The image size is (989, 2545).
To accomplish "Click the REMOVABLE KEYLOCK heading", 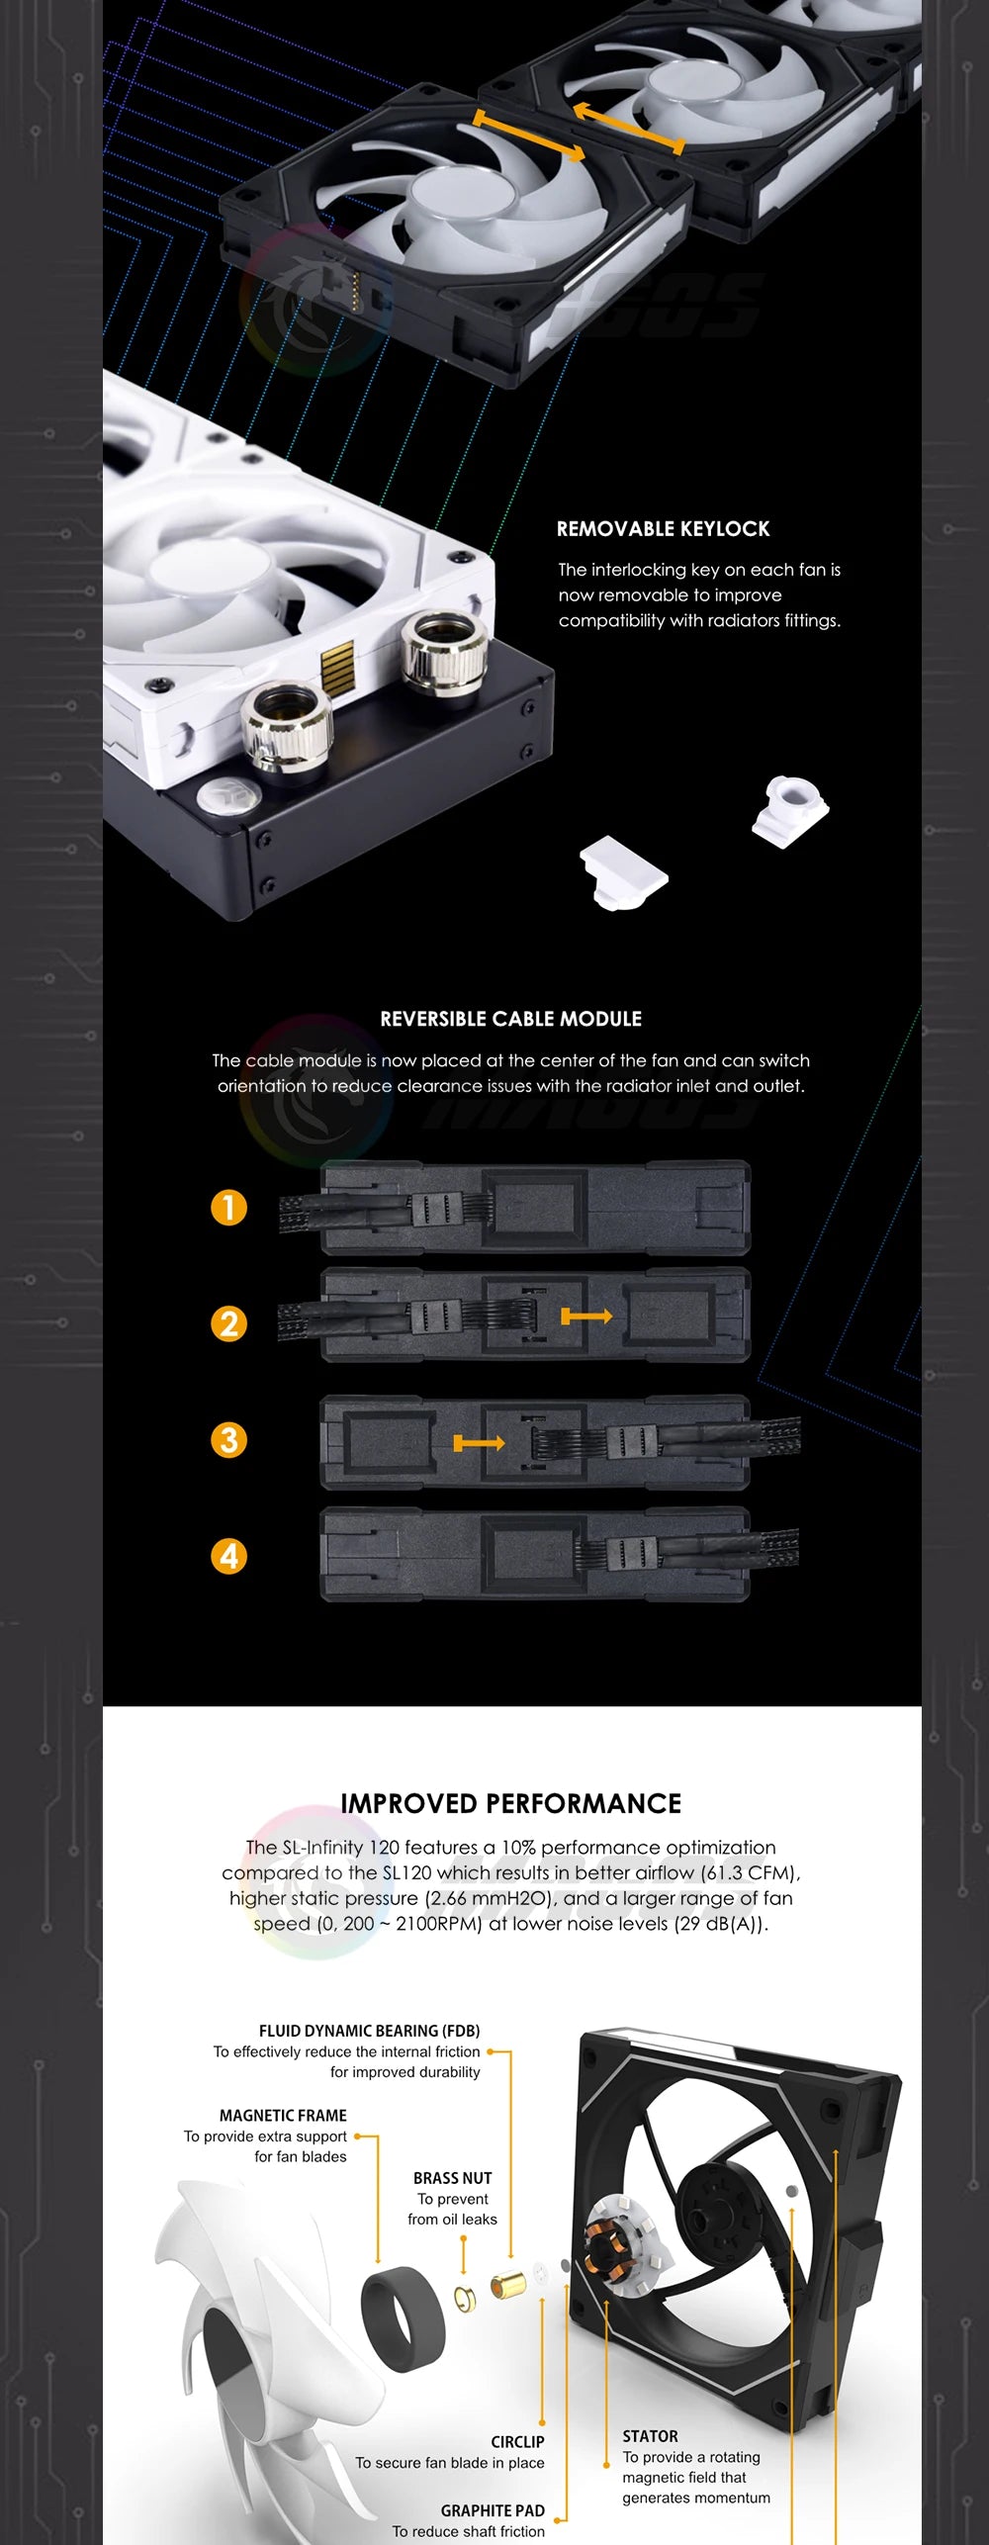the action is click(663, 528).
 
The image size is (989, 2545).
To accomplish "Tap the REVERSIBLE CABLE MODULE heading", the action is click(511, 1019).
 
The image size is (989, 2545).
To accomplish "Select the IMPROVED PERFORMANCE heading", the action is click(511, 1803).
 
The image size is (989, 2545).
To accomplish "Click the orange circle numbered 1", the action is click(228, 1208).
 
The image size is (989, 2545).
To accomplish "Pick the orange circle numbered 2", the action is click(228, 1323).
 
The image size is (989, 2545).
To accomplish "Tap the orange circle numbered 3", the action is click(228, 1440).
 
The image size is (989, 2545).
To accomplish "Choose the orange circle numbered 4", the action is click(228, 1556).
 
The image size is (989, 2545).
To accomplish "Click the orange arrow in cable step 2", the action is click(586, 1317).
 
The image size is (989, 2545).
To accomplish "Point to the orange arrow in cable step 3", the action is click(479, 1444).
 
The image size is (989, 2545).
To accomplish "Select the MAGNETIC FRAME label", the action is click(283, 2116).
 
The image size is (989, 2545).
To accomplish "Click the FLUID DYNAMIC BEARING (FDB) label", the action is click(370, 2031).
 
